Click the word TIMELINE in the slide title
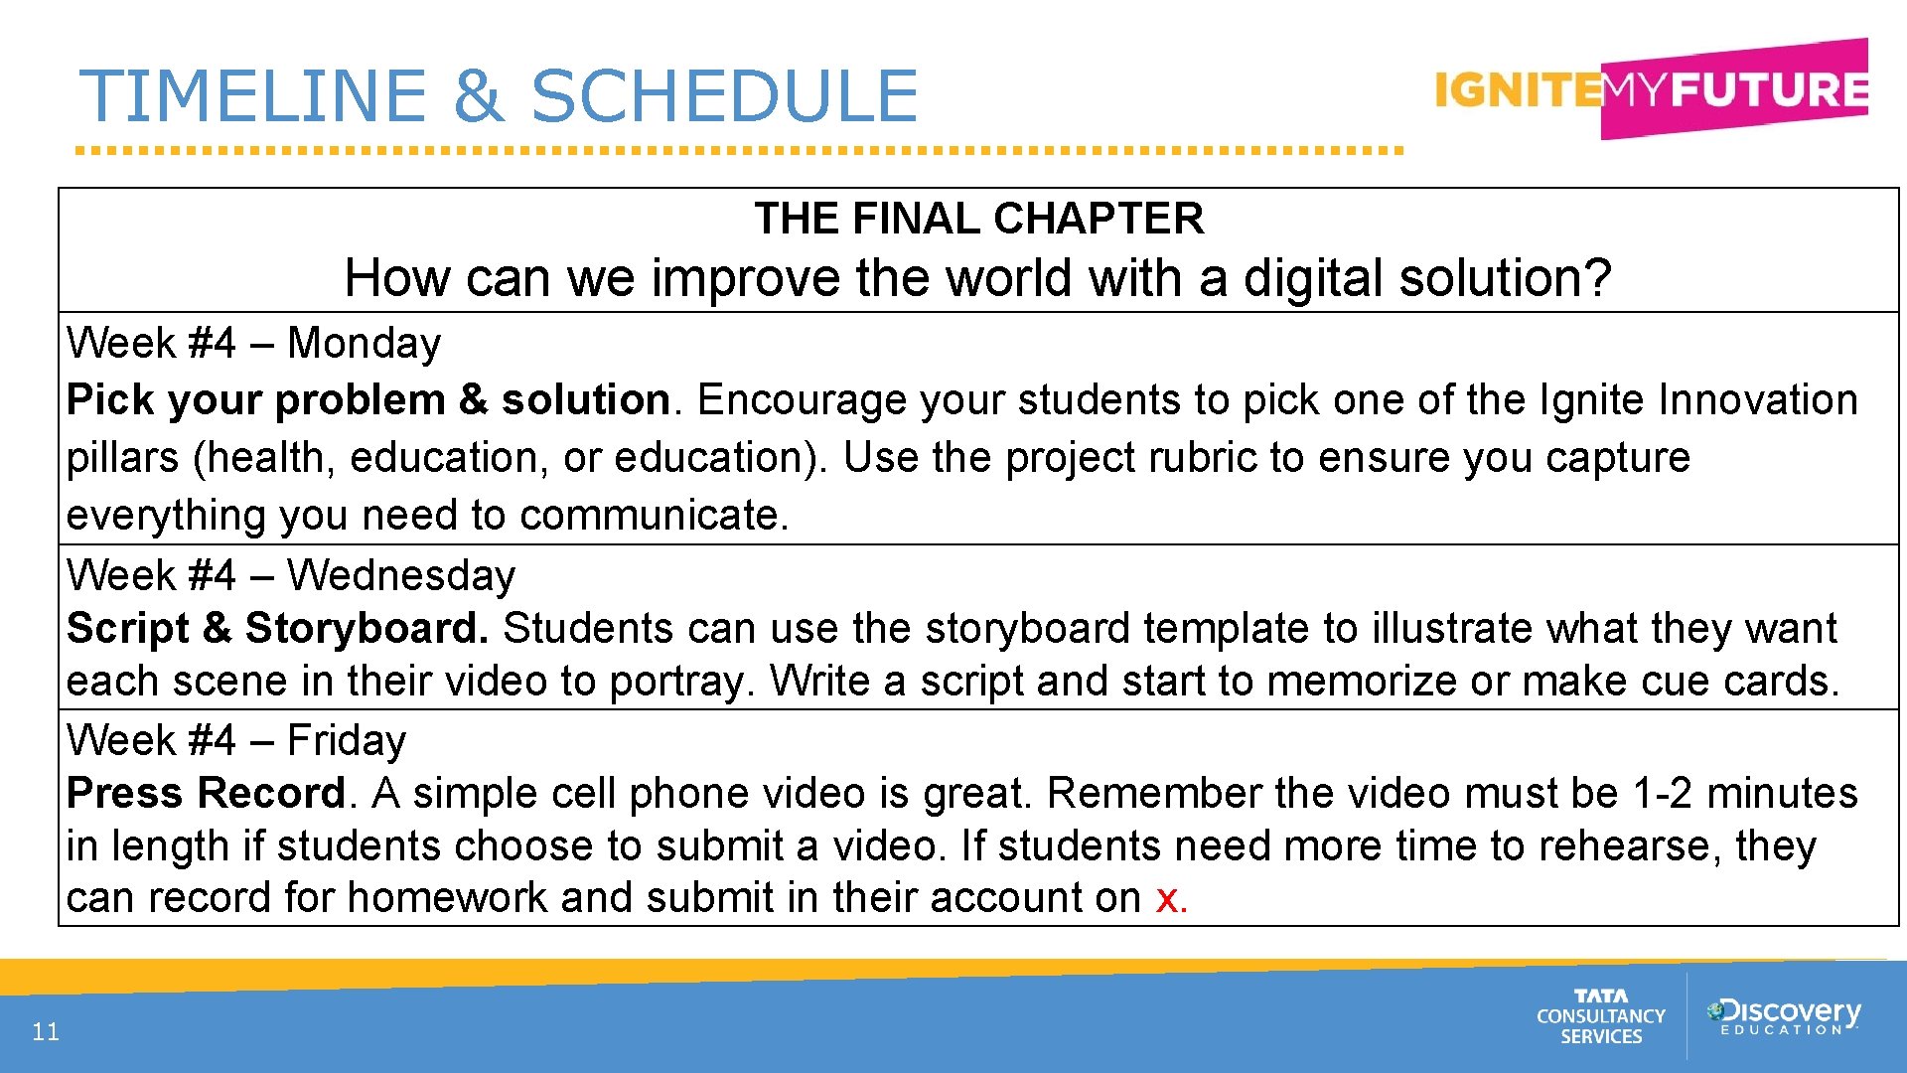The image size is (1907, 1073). [253, 96]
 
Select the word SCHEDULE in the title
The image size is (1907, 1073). [725, 96]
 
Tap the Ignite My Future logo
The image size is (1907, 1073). [1651, 89]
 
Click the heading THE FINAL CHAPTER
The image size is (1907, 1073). [978, 219]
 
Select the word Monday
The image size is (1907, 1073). [364, 344]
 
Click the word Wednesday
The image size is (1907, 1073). [401, 576]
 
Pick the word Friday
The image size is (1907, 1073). [347, 741]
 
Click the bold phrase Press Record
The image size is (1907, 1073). [206, 794]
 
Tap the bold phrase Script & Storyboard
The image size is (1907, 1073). [277, 629]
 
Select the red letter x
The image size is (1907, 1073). [1166, 899]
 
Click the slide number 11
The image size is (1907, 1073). [46, 1032]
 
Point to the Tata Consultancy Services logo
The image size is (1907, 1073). [1600, 1016]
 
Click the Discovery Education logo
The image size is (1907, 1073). [1784, 1015]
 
